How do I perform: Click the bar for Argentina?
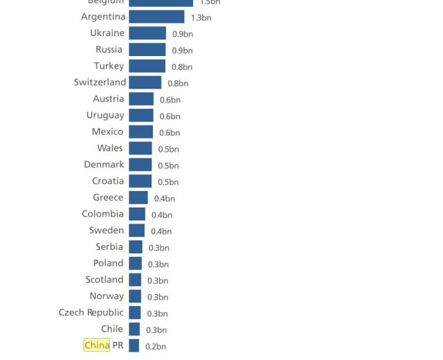[156, 17]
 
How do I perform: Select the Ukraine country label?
[107, 33]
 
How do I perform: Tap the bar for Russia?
[147, 50]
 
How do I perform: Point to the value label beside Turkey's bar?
[182, 67]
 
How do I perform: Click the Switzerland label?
[100, 82]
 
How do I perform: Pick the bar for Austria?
[141, 99]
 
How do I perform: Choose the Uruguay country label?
[105, 116]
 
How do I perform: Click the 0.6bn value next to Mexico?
[170, 133]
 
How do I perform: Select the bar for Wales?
[140, 148]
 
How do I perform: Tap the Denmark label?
[104, 165]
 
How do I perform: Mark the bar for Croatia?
[140, 181]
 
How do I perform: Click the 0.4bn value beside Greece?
[165, 199]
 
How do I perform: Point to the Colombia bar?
[137, 214]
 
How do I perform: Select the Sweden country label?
[107, 231]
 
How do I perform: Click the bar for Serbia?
[136, 247]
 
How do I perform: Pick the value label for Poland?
[159, 264]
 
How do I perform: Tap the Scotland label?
[105, 280]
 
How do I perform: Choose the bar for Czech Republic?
[135, 313]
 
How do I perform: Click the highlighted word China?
[97, 345]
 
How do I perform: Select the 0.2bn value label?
[156, 347]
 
